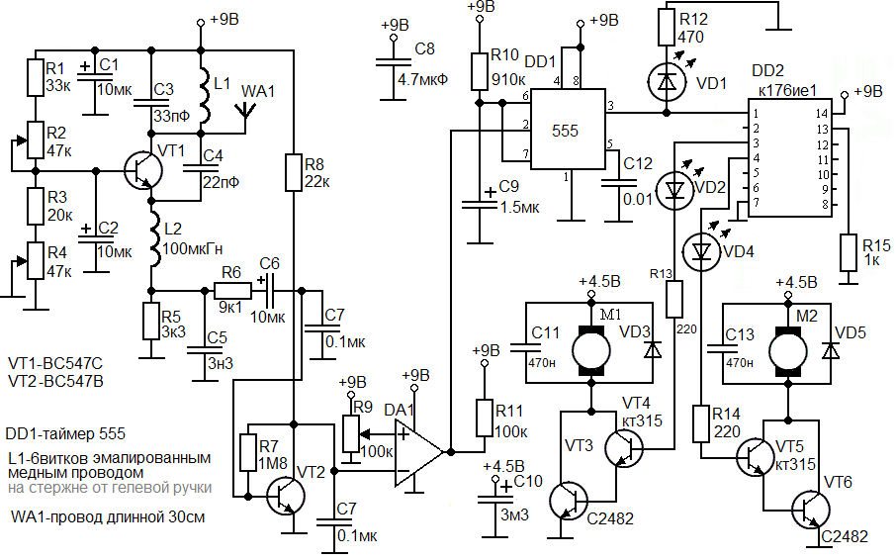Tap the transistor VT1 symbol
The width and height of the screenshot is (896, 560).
[145, 169]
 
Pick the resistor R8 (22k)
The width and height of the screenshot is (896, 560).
[295, 171]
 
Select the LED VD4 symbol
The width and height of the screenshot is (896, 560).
[700, 252]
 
